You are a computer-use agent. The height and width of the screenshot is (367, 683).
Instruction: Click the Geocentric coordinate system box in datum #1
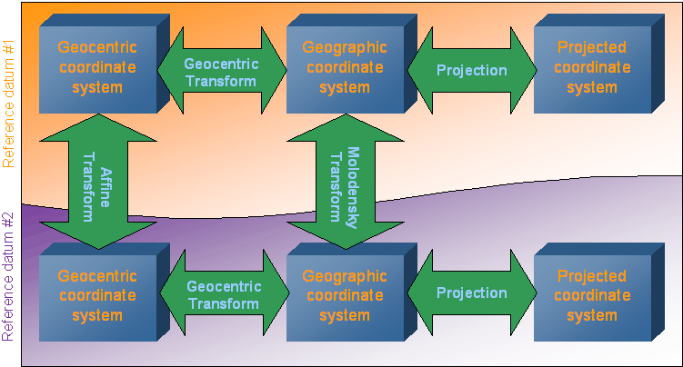(96, 68)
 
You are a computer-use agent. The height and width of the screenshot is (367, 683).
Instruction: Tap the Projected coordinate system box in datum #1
(591, 68)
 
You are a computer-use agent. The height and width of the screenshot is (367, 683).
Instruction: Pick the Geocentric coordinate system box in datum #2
(96, 296)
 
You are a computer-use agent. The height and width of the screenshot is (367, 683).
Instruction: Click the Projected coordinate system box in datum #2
(591, 296)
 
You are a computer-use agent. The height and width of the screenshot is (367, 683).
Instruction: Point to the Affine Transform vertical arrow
(98, 182)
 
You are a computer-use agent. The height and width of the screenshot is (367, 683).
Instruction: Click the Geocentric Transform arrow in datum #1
(222, 72)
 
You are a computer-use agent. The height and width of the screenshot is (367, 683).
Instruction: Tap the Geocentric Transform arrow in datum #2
(224, 295)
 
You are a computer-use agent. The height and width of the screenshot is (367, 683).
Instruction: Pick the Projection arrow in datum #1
(471, 71)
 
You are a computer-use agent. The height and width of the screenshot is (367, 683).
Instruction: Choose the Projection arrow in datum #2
(471, 293)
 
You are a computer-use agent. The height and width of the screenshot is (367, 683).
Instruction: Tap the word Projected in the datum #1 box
(591, 48)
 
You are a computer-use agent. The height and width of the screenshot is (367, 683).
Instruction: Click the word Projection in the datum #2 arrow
(471, 293)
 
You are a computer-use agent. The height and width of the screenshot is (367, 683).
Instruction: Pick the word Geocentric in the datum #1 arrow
(222, 64)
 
